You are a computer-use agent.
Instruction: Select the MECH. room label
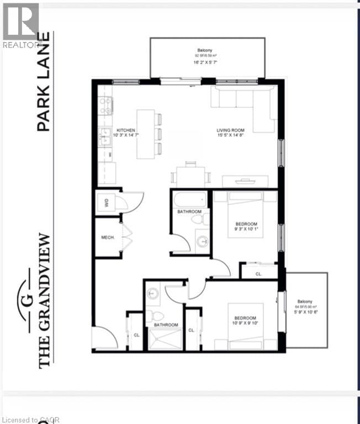click(x=108, y=237)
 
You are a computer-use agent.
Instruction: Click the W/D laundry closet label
click(x=105, y=203)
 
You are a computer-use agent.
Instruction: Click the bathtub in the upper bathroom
click(x=189, y=199)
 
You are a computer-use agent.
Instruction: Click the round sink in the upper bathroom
click(x=202, y=241)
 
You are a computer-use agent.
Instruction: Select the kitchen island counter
click(x=146, y=134)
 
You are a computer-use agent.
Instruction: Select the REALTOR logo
click(x=20, y=25)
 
